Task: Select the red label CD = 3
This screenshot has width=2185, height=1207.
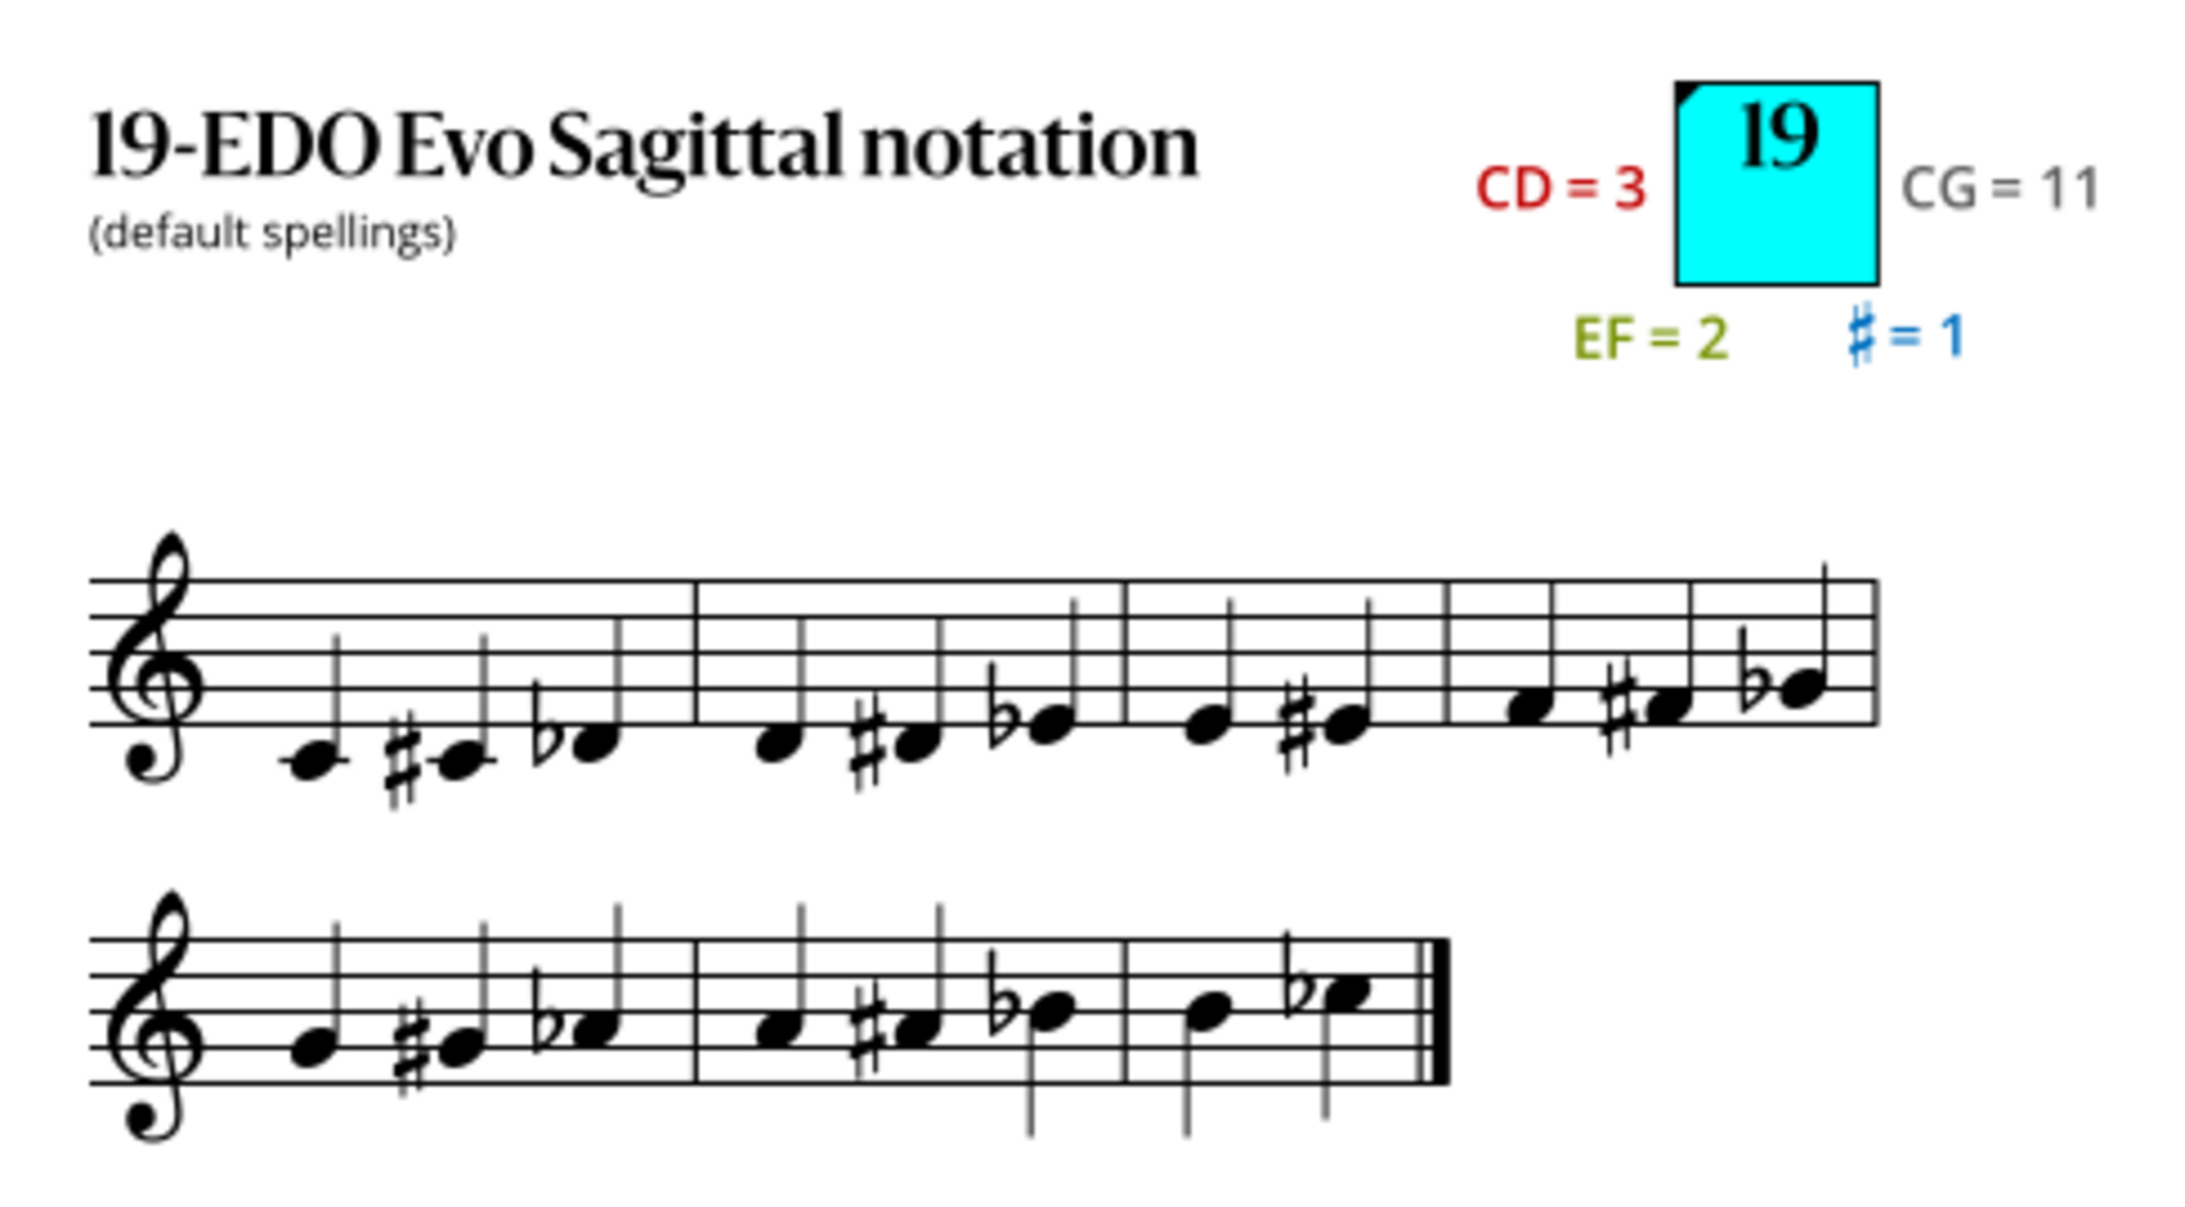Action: point(1560,189)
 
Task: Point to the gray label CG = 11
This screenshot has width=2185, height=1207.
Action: point(2000,189)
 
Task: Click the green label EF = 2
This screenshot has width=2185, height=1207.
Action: point(1651,339)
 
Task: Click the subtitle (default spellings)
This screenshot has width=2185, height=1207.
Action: point(272,233)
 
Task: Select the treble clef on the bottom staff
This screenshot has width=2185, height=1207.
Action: point(156,1016)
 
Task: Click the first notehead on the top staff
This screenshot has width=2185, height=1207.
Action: point(313,761)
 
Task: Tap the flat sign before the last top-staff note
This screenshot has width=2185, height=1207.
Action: point(1753,670)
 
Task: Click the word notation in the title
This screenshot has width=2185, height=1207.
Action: point(1029,147)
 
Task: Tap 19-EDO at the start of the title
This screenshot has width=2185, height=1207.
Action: point(234,145)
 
